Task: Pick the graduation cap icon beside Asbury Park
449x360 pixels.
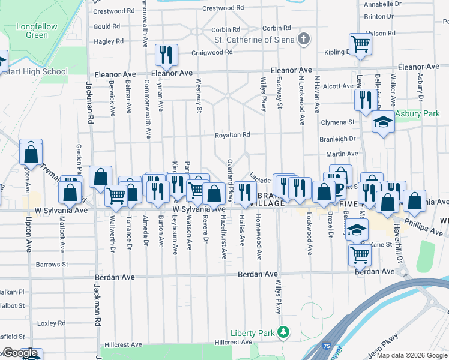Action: (x=382, y=122)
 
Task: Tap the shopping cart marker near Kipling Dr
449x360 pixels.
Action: (x=360, y=44)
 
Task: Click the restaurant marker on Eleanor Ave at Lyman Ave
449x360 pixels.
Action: (x=165, y=55)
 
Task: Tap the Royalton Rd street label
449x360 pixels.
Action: (x=232, y=135)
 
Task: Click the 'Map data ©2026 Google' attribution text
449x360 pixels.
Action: (x=411, y=355)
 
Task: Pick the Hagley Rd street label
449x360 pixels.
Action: (x=109, y=41)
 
